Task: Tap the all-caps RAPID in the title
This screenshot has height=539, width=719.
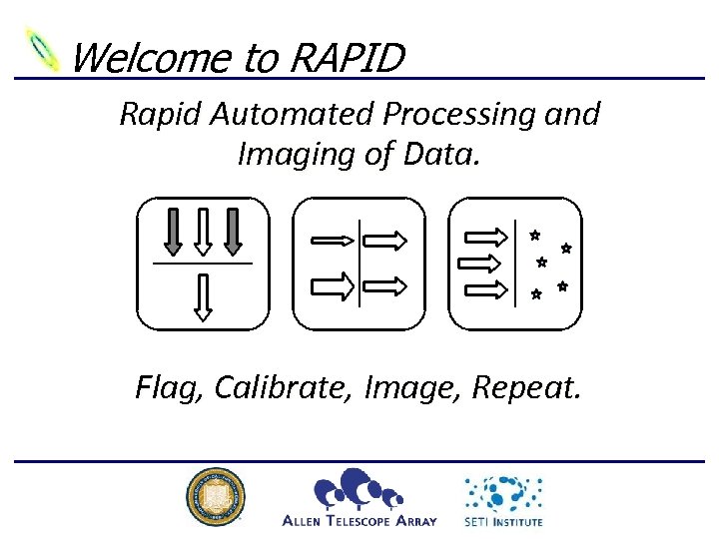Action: pos(347,58)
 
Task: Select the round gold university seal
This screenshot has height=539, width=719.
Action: pos(215,497)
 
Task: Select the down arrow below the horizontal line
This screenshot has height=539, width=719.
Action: pos(203,296)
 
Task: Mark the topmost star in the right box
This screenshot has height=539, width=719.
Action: pos(535,236)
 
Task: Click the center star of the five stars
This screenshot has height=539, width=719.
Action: pos(541,263)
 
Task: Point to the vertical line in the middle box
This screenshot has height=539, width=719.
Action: pos(359,263)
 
